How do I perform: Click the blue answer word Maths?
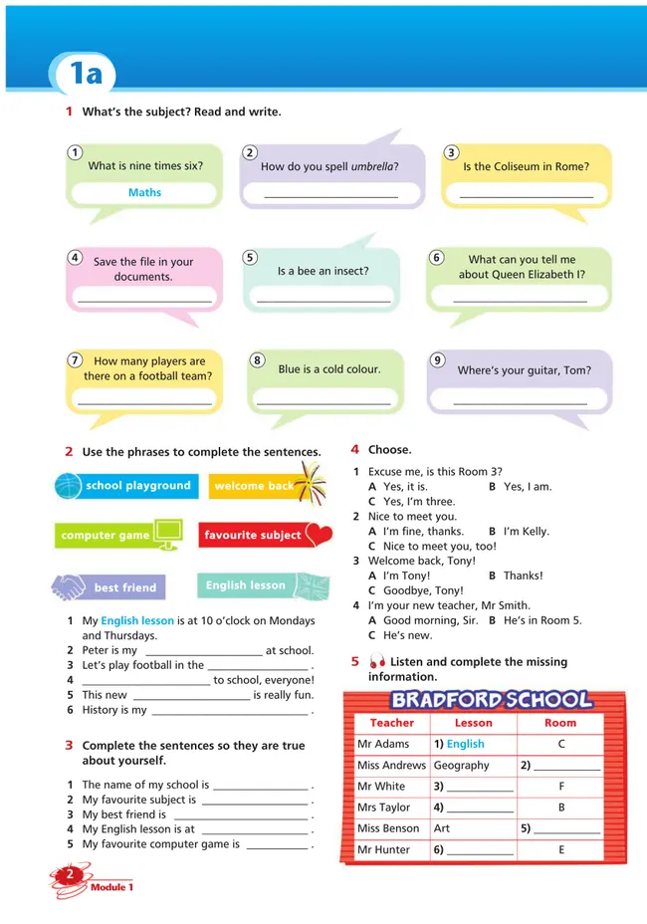[x=144, y=192]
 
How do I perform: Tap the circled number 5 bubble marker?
[x=250, y=257]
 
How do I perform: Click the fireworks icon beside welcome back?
[x=311, y=485]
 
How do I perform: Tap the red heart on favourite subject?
[x=319, y=535]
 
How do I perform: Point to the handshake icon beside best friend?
[x=70, y=587]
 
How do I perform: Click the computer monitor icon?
[x=167, y=534]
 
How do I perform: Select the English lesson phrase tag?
[x=246, y=585]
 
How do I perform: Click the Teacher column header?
[x=391, y=723]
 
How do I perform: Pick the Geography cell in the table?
[x=461, y=766]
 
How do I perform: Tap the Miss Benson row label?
[x=388, y=828]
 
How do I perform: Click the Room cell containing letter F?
[x=561, y=787]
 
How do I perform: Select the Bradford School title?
[x=492, y=699]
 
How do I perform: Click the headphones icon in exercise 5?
[x=376, y=662]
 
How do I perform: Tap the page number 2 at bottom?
[x=71, y=874]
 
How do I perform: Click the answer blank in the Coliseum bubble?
[x=526, y=196]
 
